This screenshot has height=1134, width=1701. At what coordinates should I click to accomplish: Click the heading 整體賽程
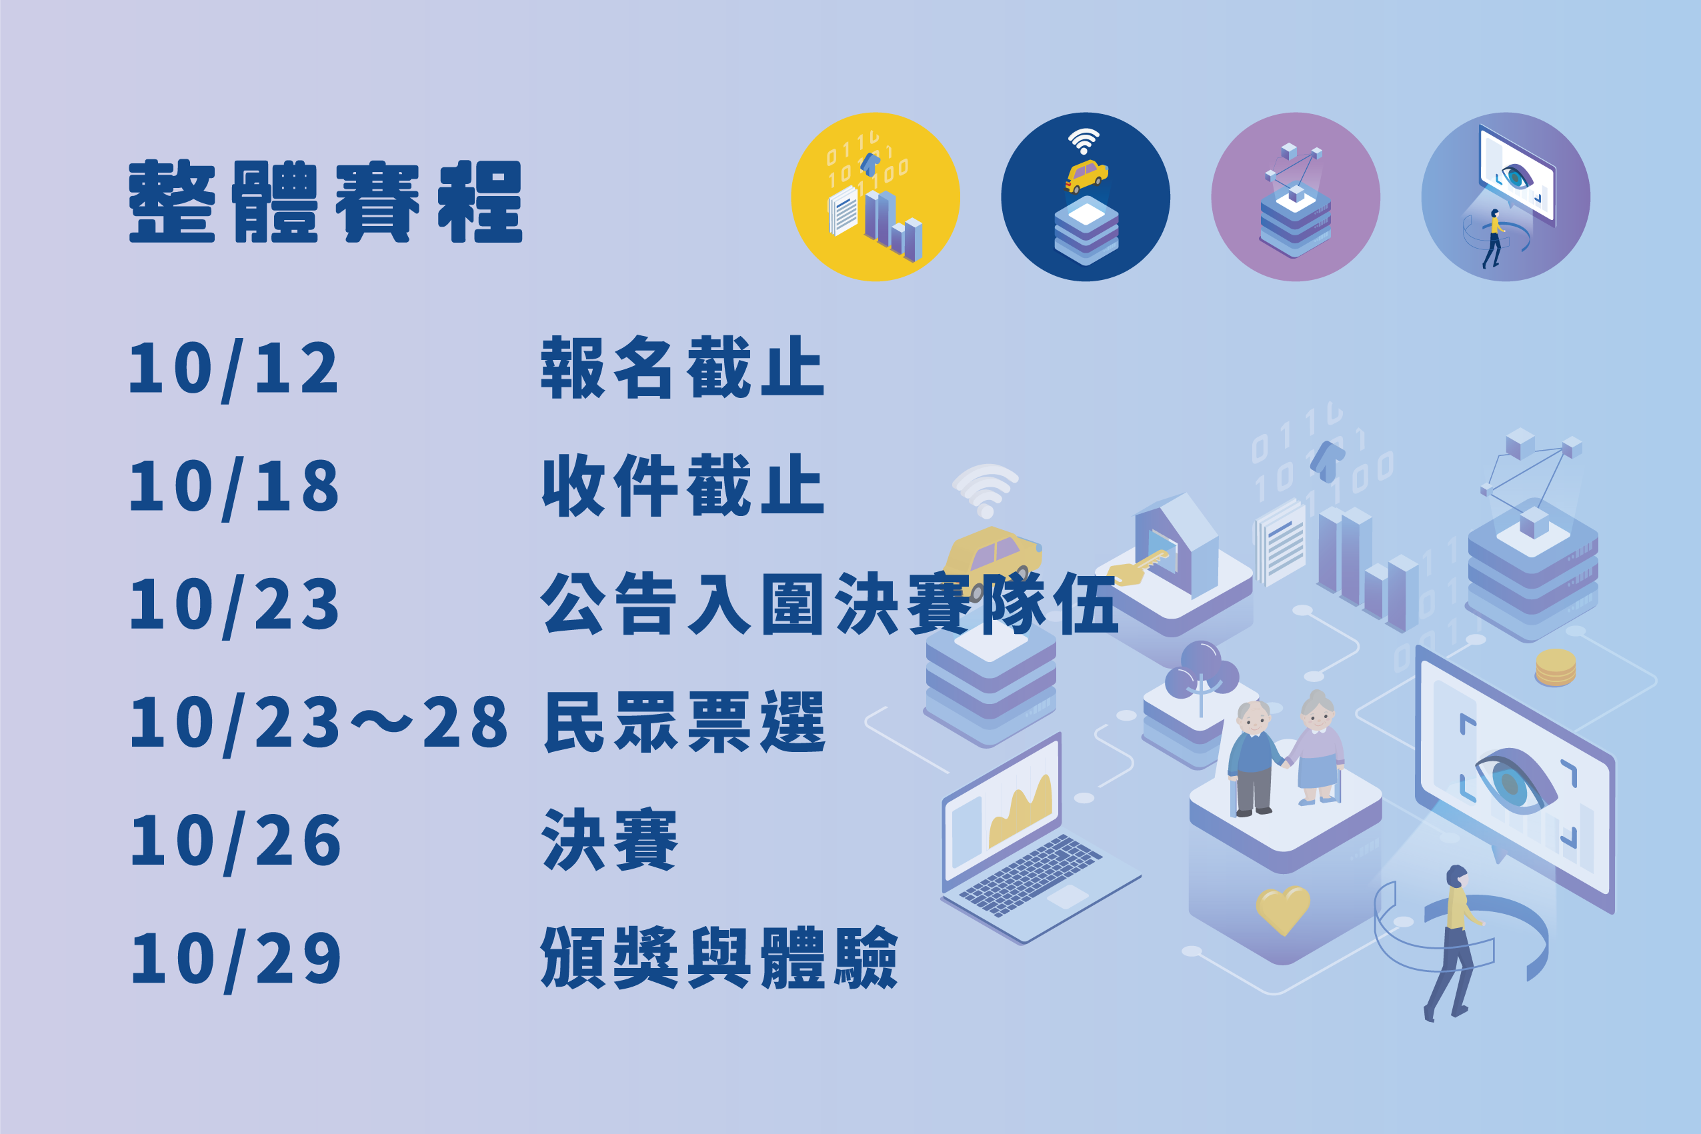[x=325, y=202]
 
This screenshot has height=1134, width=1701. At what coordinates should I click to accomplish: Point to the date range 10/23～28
[x=319, y=725]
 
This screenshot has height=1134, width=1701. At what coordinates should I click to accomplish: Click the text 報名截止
[x=683, y=367]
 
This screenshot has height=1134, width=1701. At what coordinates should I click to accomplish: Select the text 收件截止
[x=683, y=486]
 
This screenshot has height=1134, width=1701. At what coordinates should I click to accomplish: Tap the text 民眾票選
[x=684, y=722]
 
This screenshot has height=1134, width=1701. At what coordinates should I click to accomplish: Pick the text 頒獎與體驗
[x=719, y=957]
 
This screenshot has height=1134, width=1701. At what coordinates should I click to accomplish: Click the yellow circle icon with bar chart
[x=875, y=197]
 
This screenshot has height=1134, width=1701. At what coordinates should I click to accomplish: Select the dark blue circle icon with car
[x=1086, y=197]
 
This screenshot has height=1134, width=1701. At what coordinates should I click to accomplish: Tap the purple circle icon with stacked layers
[x=1296, y=197]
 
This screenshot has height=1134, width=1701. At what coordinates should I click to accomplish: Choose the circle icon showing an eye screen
[x=1506, y=197]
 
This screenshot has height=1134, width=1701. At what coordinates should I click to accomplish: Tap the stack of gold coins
[x=1556, y=667]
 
